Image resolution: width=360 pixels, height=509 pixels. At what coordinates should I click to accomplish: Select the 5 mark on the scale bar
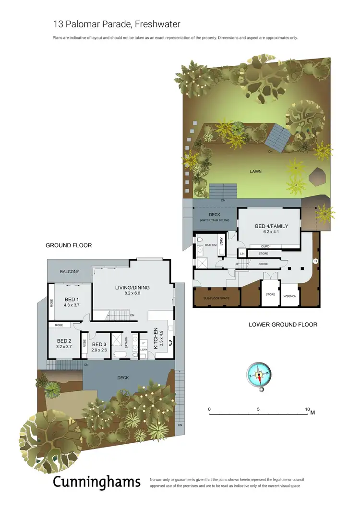click(x=258, y=409)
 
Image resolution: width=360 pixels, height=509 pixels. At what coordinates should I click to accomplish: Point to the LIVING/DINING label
click(x=132, y=288)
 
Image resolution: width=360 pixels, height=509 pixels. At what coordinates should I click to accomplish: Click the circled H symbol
click(x=315, y=261)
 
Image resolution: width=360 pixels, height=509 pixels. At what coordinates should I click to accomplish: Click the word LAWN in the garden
click(x=255, y=171)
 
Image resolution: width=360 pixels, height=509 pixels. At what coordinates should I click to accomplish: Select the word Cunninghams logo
click(x=96, y=481)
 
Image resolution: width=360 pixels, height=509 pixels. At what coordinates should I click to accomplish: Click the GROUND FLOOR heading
click(x=69, y=245)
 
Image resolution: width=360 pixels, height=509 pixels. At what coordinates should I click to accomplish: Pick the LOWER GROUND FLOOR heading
click(x=283, y=325)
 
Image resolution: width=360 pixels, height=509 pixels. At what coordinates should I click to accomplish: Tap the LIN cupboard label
click(x=242, y=253)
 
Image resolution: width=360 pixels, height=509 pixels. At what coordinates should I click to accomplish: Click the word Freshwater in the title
click(x=157, y=24)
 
